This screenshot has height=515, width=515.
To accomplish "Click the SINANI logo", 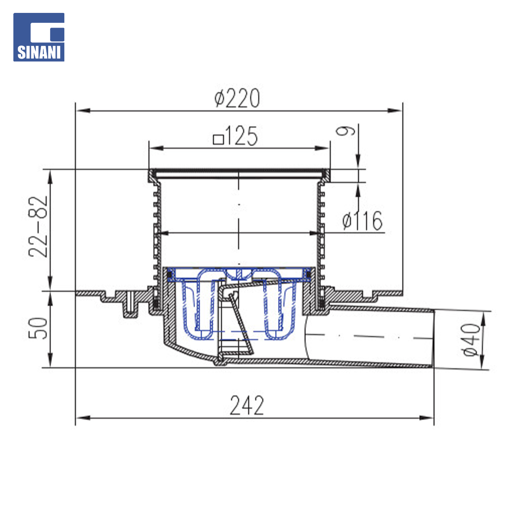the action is pos(39,37).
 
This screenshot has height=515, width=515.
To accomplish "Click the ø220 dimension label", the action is pos(237,98).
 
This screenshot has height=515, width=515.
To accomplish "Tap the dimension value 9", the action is pos(346,130).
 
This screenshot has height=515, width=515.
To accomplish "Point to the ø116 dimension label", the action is pos(362,221).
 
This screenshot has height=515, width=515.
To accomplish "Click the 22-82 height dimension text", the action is pos(38,227).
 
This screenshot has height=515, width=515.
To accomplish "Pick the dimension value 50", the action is pos(38,328).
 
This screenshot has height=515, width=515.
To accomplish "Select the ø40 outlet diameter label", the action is pos(471,340).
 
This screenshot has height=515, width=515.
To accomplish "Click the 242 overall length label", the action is pos(247,405).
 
